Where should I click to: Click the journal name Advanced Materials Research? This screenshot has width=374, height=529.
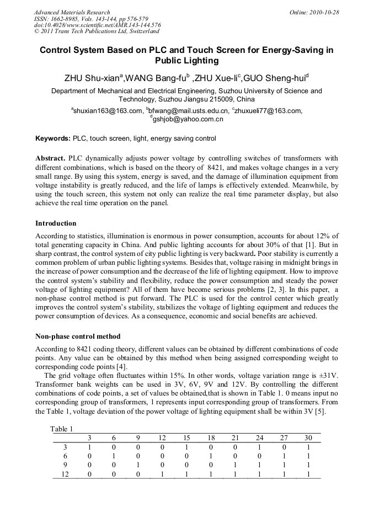click(x=72, y=12)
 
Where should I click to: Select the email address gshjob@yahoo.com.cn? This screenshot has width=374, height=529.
click(x=188, y=119)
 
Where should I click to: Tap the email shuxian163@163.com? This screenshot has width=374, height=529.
click(x=108, y=110)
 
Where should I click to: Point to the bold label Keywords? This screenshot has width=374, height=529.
click(x=53, y=138)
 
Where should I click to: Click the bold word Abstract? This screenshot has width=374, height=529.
click(x=51, y=158)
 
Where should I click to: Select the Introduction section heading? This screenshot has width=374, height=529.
click(x=56, y=223)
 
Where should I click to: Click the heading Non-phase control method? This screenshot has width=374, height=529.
click(x=78, y=336)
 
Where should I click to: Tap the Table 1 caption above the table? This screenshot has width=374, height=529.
click(x=61, y=429)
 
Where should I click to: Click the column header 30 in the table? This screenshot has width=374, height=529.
click(x=308, y=438)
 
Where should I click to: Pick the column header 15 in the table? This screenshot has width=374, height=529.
click(x=186, y=438)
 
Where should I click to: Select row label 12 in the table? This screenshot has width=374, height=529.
click(x=65, y=474)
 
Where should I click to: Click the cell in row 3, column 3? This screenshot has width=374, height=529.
click(x=89, y=447)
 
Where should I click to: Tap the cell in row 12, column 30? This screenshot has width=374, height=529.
click(x=308, y=474)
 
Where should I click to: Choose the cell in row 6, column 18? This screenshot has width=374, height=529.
click(x=211, y=456)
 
